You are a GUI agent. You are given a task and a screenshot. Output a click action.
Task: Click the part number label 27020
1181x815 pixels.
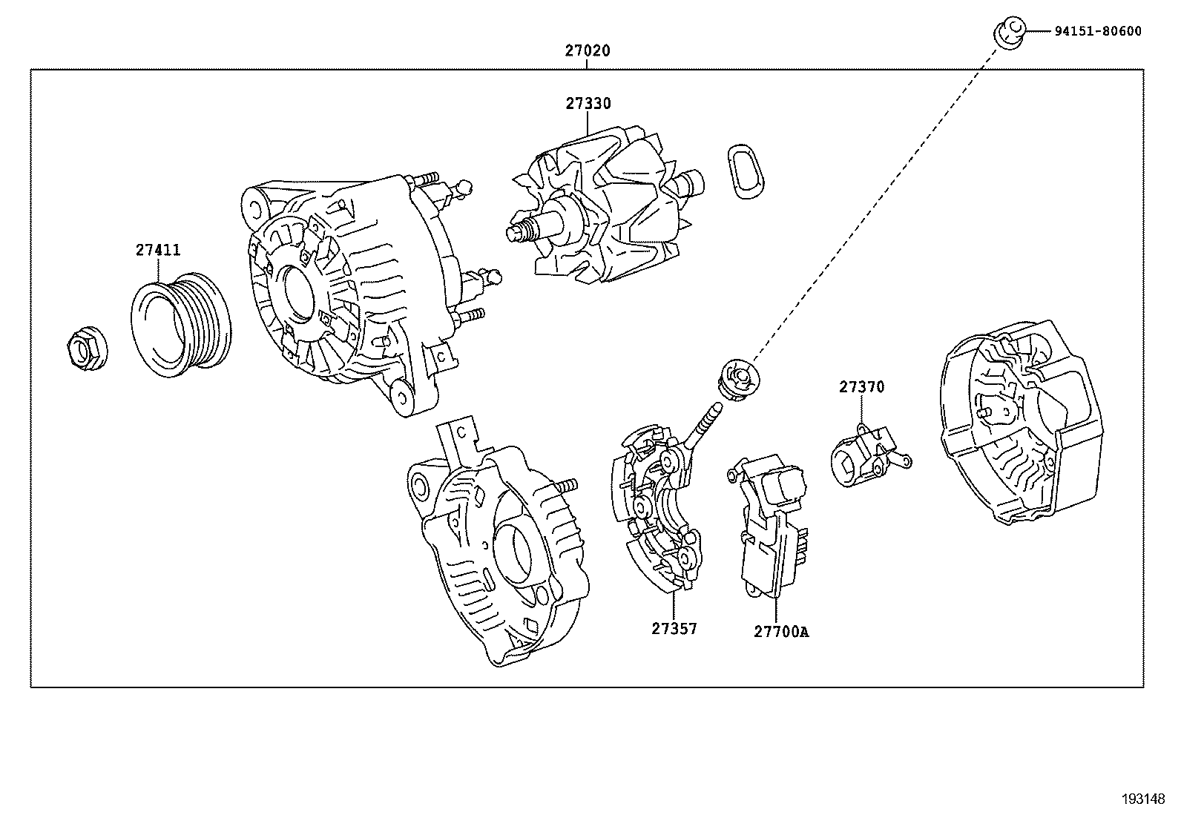click(x=587, y=51)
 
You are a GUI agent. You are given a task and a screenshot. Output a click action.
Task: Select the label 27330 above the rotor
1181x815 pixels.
click(x=588, y=104)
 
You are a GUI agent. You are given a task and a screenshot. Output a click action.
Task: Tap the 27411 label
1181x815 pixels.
click(x=157, y=250)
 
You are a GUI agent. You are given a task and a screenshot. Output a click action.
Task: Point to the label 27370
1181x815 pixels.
click(x=861, y=386)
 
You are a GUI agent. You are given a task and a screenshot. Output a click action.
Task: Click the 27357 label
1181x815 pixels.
click(x=674, y=628)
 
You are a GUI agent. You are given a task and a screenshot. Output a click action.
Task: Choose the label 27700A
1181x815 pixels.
click(x=780, y=632)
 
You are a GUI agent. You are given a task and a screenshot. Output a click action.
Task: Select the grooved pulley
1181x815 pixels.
click(x=182, y=324)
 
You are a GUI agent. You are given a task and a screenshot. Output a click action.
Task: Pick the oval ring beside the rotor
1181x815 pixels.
click(x=743, y=171)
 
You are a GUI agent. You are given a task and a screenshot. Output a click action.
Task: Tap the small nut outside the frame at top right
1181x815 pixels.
click(x=1008, y=33)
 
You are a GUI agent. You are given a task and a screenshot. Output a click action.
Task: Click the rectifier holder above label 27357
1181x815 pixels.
click(x=657, y=512)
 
